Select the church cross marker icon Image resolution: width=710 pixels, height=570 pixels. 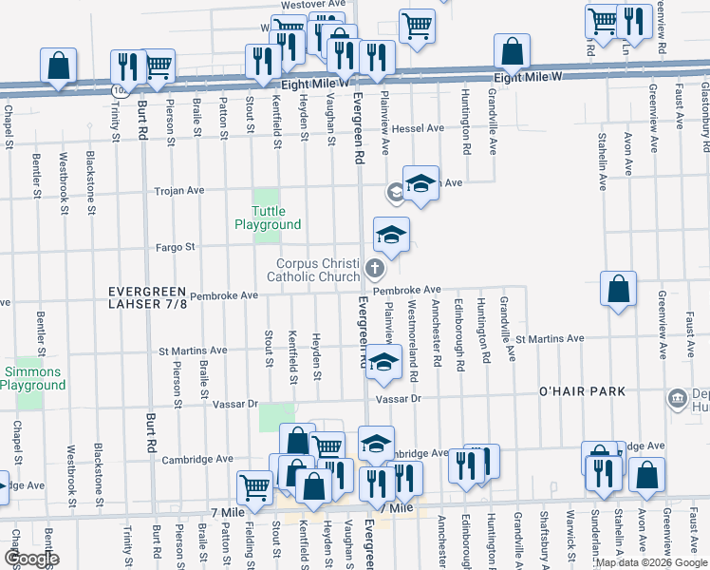[374, 270]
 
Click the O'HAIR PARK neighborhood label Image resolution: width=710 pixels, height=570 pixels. [582, 391]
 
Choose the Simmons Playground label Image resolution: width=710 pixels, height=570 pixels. [32, 378]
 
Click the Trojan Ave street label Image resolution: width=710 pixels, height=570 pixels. [180, 191]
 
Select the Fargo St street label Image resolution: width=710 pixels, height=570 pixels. [176, 247]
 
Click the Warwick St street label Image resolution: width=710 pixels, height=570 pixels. [570, 541]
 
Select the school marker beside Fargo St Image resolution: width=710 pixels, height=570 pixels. [390, 235]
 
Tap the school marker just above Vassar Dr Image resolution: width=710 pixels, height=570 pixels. [383, 363]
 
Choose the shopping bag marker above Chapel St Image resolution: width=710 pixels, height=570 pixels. [58, 66]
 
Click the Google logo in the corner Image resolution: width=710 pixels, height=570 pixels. [30, 559]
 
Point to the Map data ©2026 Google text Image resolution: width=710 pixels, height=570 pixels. [651, 562]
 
